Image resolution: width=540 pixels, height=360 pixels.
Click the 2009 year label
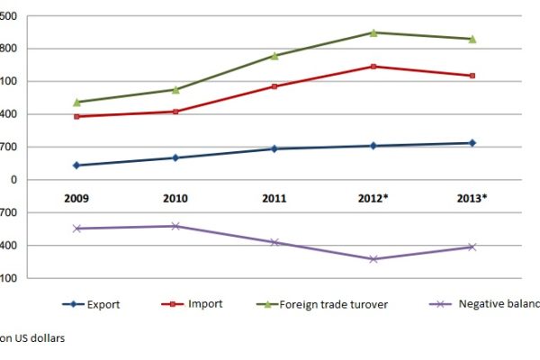click(x=76, y=197)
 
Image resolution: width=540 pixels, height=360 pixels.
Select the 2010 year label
click(x=175, y=197)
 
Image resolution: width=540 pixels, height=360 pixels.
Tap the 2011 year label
click(x=274, y=197)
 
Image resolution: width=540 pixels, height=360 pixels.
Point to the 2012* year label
click(x=373, y=197)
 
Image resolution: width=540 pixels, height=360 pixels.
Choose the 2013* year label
click(x=472, y=197)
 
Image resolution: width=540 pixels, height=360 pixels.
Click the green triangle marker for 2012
click(x=373, y=32)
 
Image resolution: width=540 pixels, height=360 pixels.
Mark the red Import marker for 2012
click(x=373, y=67)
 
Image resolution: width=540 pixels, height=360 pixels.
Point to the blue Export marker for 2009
click(x=76, y=166)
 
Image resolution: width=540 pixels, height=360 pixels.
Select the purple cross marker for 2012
click(x=373, y=259)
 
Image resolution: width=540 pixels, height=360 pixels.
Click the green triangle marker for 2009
click(x=76, y=102)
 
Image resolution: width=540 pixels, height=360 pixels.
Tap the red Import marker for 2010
click(x=175, y=112)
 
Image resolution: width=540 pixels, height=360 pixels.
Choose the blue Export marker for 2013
click(x=472, y=143)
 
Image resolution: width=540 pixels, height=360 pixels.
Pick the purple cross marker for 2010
click(x=175, y=226)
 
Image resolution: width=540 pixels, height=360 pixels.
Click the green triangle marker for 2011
click(x=274, y=56)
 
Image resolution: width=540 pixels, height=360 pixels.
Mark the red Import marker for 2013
click(x=472, y=76)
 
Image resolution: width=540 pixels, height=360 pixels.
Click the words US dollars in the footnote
click(x=40, y=339)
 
